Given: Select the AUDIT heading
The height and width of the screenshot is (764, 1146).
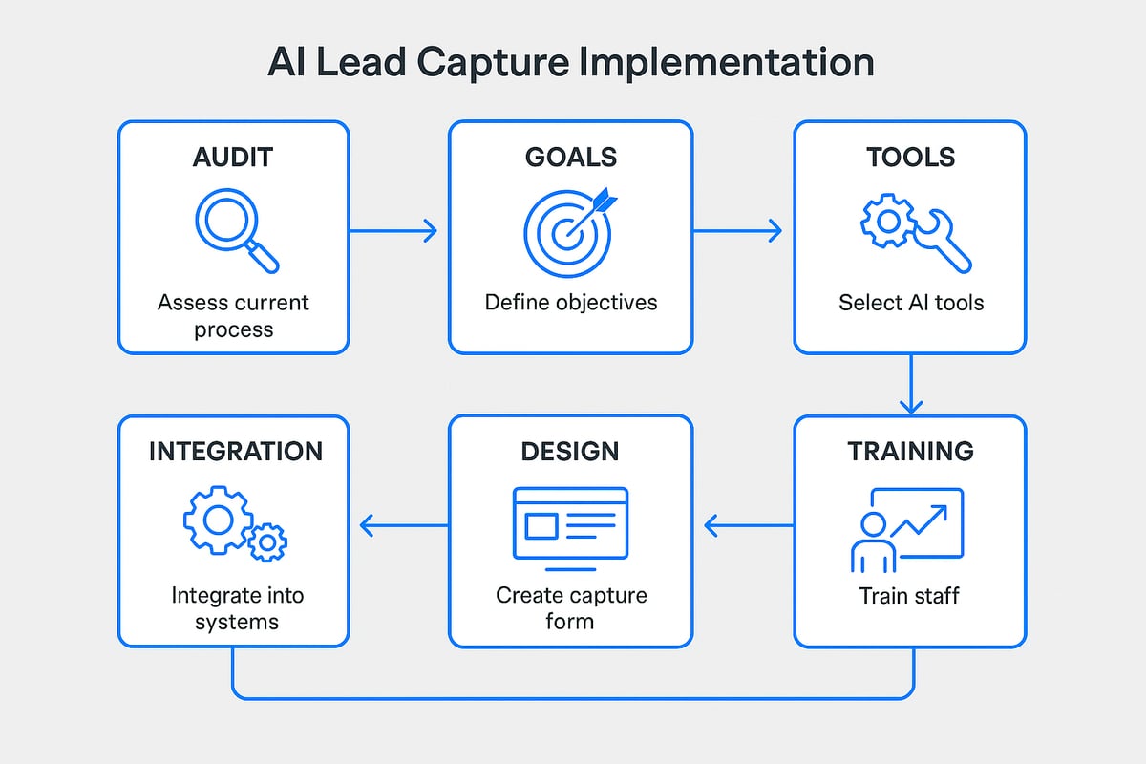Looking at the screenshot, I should pos(234,158).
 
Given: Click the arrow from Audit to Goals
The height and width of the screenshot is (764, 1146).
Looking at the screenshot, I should pos(393,230).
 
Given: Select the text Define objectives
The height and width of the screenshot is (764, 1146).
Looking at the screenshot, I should pos(571,303).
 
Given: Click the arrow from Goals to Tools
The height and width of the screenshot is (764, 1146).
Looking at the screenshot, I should pos(737,230).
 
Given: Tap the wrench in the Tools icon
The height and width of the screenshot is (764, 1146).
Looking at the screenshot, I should pos(940,240).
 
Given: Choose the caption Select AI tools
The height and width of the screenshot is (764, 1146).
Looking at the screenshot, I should pos(911,303).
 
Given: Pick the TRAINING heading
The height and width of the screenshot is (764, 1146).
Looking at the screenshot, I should pos(911,451).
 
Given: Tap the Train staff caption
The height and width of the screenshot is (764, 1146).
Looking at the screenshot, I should pos(909,596).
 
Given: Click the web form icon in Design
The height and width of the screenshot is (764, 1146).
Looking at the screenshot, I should pos(570,522).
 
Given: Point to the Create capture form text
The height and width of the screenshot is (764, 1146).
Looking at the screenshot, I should pos(571,608).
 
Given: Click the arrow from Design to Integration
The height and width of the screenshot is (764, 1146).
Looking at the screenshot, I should pos(403,523).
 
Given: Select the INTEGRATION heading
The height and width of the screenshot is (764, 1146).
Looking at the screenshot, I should pos(235,451).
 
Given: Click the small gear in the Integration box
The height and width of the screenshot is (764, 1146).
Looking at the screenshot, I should pos(267,541).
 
